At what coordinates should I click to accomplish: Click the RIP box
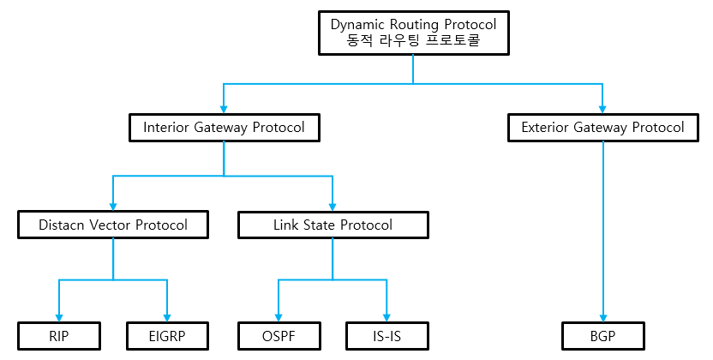point(59,335)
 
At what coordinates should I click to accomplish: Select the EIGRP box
point(167,335)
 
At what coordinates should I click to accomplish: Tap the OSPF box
point(279,335)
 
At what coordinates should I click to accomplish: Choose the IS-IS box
point(386,335)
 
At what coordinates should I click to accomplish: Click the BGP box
point(603,335)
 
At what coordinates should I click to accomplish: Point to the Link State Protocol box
point(333,225)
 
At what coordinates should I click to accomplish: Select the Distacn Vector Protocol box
point(113,225)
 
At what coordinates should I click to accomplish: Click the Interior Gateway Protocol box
point(224,128)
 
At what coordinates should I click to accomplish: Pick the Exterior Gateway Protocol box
point(603,128)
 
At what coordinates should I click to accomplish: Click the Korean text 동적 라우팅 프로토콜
point(413,40)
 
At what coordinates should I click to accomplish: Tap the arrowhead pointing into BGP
point(603,317)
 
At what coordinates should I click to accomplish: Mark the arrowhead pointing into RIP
point(59,317)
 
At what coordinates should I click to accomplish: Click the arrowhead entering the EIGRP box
point(167,317)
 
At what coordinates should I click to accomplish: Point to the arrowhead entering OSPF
point(279,317)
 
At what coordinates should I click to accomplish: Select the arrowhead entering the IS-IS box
point(386,317)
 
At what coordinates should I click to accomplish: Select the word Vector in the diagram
point(117,225)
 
